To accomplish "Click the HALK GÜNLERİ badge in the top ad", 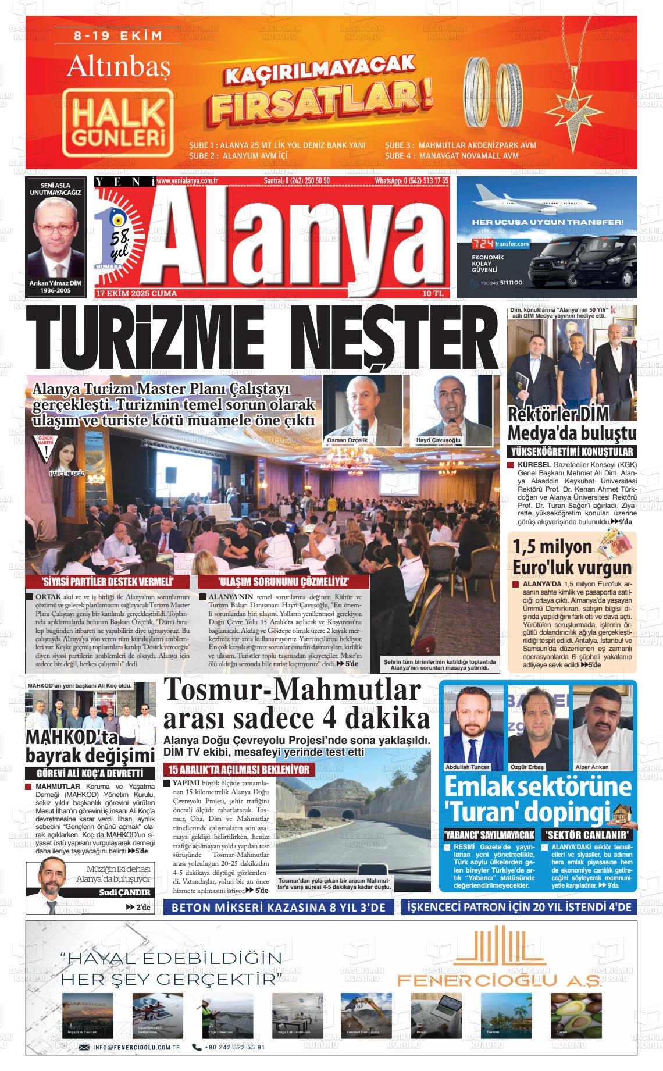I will click(119, 124).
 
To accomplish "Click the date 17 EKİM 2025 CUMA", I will click(137, 294).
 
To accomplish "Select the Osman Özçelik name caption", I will click(348, 440).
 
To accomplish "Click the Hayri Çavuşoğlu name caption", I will click(438, 440).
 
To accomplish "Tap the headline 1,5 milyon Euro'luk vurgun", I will click(572, 557).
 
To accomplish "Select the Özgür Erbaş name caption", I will click(526, 767).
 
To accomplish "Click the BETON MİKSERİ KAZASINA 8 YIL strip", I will click(279, 907).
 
